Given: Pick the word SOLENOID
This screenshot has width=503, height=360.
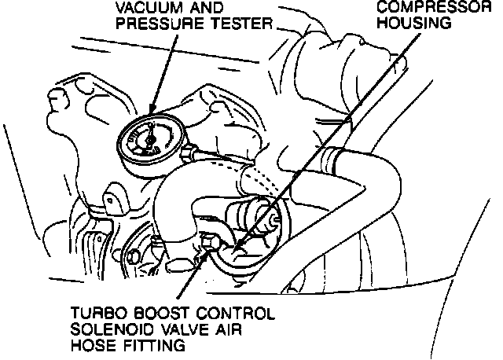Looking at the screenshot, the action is click(x=107, y=329).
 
